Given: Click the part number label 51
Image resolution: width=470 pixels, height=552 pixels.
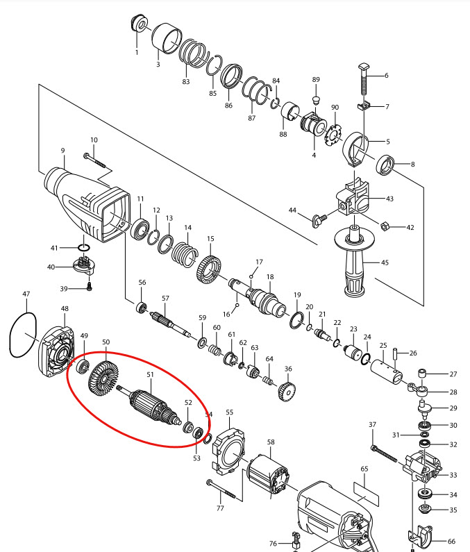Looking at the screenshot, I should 149,374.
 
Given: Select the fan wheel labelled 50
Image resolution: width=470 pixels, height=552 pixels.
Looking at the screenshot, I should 104,378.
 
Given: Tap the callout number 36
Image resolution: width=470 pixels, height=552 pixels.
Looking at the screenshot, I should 288,369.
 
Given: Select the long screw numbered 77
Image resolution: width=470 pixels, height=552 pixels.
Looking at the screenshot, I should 223,492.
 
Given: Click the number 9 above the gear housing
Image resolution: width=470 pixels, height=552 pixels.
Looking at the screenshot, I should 62,150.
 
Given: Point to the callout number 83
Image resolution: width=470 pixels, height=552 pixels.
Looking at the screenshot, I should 186,82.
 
